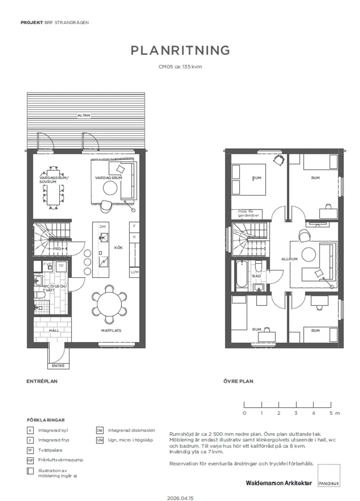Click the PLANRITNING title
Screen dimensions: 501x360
tap(180, 50)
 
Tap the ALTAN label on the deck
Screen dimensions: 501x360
tap(84, 116)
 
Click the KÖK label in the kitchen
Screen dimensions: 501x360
tap(118, 247)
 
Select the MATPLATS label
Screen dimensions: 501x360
tap(111, 331)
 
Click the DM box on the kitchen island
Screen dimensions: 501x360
tap(103, 227)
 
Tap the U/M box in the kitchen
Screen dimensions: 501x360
tap(134, 272)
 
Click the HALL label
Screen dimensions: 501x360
tap(54, 331)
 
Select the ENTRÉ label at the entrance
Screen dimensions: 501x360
tap(58, 366)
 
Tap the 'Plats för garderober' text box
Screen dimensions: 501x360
tap(249, 213)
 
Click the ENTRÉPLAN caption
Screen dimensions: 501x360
tap(42, 381)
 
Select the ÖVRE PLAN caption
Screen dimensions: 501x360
tap(238, 381)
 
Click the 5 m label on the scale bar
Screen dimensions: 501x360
tap(334, 413)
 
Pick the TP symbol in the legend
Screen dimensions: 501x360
tap(30, 450)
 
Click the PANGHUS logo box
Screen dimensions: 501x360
tap(329, 476)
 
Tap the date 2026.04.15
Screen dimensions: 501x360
tap(180, 498)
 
